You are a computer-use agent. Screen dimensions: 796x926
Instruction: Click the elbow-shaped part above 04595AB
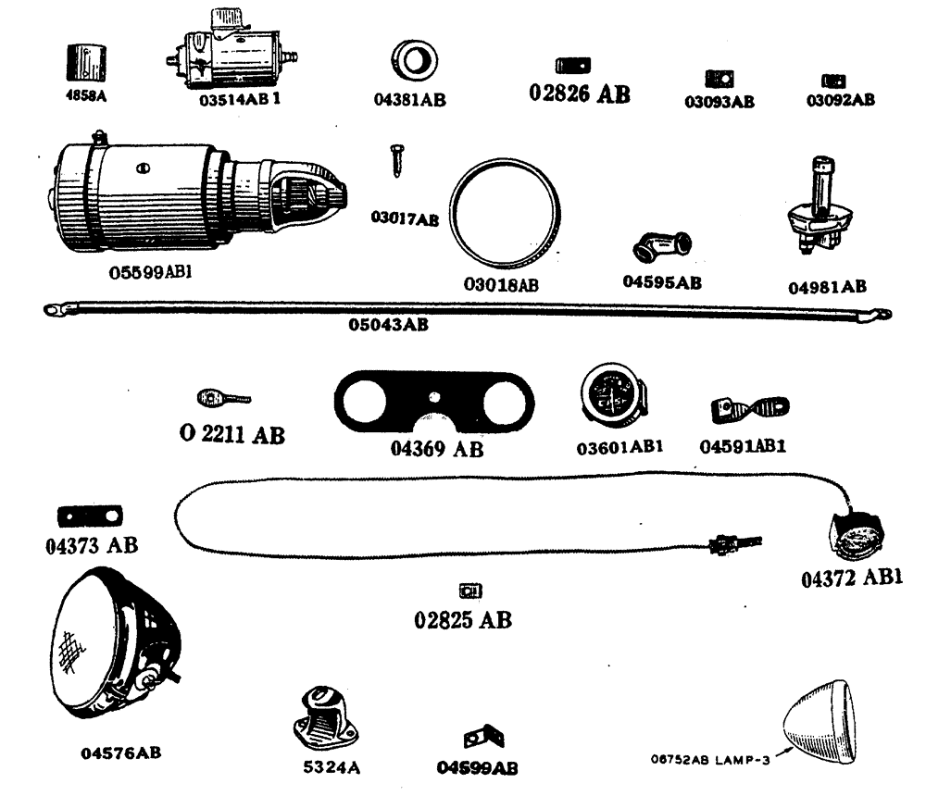coord(661,248)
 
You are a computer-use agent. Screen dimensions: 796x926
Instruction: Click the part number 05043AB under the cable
coord(389,325)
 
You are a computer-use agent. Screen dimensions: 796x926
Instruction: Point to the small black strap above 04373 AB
coord(92,516)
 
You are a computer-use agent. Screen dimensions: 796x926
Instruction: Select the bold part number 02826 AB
coord(580,93)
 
